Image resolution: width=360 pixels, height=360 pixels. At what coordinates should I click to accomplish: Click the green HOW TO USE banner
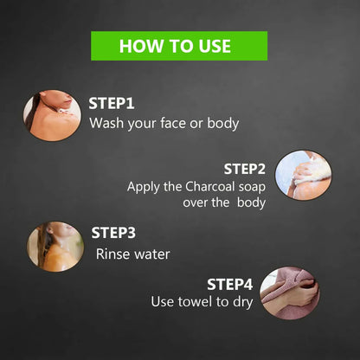pos(179,46)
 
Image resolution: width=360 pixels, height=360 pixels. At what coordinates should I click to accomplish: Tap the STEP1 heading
pos(112,103)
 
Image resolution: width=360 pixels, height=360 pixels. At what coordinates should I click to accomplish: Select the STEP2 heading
pos(245,169)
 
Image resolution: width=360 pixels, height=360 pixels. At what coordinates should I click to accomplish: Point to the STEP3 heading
pos(113,233)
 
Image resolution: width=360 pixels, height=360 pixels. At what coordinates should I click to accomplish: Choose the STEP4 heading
pos(230,285)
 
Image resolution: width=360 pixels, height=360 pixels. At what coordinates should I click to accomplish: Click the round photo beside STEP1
pos(52,115)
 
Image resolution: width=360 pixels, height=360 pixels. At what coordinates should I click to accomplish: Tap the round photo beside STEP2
pos(304,175)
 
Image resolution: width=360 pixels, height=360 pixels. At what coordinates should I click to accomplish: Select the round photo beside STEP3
pos(55,247)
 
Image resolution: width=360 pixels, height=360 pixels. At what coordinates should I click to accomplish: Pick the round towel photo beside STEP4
pos(290,293)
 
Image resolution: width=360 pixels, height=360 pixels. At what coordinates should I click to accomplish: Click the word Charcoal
pos(210,187)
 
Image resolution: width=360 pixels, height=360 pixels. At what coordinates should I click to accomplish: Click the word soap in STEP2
pos(252,188)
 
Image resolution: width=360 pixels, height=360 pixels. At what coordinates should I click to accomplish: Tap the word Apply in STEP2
pos(144,188)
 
